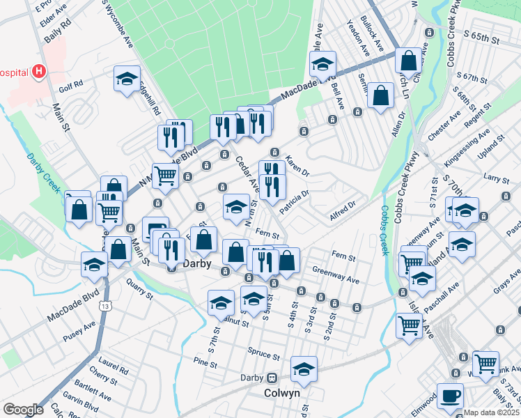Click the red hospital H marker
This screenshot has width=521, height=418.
[39, 71]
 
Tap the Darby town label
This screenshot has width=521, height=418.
[196, 265]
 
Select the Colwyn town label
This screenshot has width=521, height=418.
[282, 393]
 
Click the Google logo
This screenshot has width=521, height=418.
[23, 410]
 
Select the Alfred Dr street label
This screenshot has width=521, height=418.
[342, 208]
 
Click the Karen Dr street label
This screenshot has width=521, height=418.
[297, 165]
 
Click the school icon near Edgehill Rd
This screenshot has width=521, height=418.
[127, 79]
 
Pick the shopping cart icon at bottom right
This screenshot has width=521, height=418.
[485, 364]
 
